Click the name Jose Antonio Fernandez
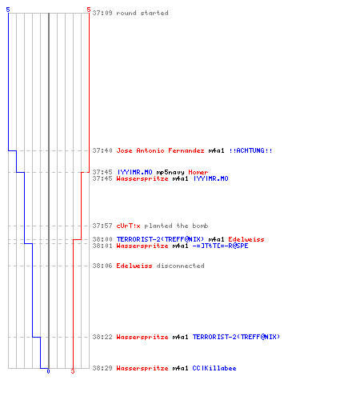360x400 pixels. point(160,150)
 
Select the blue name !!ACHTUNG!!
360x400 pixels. point(250,150)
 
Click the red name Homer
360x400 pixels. point(198,172)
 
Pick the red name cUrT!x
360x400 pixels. point(129,226)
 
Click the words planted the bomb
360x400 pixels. point(176,226)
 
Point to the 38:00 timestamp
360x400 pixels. point(102,239)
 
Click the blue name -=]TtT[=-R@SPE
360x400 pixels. point(220,246)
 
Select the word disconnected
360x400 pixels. point(180,266)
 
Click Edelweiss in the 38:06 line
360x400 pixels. point(134,266)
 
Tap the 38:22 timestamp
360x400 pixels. point(102,337)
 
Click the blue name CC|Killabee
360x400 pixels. point(214,368)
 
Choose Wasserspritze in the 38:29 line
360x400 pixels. point(142,368)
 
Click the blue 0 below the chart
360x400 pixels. point(48,371)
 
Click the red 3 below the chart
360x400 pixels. point(73,371)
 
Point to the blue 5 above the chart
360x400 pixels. point(8,10)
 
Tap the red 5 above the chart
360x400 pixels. point(89,10)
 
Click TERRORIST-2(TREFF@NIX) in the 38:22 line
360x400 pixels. point(236,337)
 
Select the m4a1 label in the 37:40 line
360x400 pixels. point(216,150)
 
